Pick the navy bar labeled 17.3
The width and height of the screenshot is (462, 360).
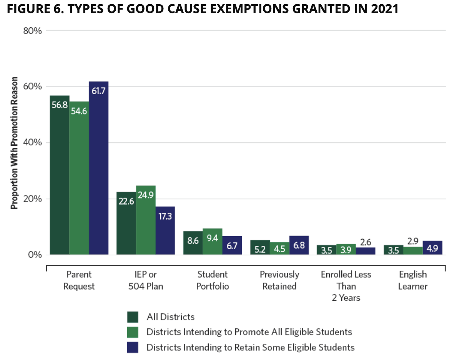click(165, 230)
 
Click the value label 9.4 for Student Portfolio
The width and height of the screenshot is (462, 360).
click(213, 238)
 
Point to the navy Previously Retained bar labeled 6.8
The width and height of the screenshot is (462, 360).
click(299, 245)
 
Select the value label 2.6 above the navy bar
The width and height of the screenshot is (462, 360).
click(366, 242)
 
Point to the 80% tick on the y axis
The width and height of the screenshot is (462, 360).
click(33, 31)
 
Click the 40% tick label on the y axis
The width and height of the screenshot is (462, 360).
click(33, 143)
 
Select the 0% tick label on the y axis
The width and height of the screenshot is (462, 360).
click(35, 255)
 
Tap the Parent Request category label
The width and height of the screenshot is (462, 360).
click(79, 280)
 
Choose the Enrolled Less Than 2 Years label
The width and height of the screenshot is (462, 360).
click(346, 286)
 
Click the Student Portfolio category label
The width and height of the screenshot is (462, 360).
click(213, 280)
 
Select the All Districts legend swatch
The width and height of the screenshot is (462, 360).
click(132, 317)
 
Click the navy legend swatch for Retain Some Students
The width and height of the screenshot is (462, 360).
click(132, 347)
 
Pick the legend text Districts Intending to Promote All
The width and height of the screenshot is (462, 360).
click(249, 332)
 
